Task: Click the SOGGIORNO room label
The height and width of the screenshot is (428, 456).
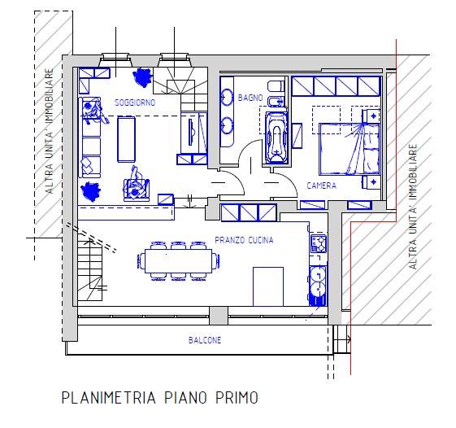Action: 134,104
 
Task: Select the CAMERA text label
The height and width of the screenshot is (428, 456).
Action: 321,186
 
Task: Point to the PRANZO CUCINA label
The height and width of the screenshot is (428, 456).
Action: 244,240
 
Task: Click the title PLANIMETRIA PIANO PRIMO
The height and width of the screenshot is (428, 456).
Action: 160,398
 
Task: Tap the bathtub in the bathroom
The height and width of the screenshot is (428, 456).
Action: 276,138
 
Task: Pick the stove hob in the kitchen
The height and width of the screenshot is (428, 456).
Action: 317,243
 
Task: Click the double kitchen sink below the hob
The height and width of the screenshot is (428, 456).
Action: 318,280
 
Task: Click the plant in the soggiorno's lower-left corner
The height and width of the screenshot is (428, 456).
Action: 90,191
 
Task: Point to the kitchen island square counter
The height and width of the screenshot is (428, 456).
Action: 267,286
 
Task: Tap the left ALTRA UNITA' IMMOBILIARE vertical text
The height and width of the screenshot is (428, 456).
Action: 50,130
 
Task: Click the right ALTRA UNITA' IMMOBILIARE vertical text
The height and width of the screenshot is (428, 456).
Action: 414,207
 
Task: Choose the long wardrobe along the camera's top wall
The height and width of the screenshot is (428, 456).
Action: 335,85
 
